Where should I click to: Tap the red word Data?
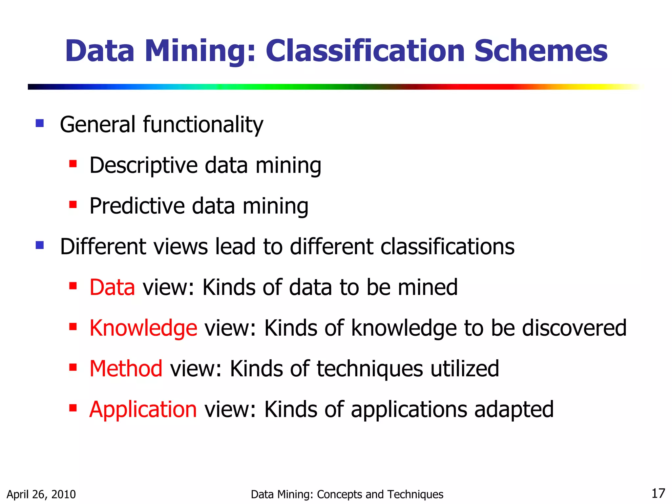coord(112,287)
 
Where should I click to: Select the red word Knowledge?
coord(143,328)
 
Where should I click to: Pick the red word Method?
coord(126,368)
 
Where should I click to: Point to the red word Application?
coord(143,409)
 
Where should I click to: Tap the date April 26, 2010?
coord(41,494)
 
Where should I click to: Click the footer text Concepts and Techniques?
coord(380,494)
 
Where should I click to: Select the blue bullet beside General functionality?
coord(40,123)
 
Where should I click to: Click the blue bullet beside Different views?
coord(40,245)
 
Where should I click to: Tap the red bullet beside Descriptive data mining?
coord(73,163)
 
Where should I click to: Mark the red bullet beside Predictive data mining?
coord(73,205)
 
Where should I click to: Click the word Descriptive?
coord(143,165)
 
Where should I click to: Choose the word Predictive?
coord(137,206)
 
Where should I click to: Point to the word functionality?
coord(203,125)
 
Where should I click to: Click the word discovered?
coord(574,328)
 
